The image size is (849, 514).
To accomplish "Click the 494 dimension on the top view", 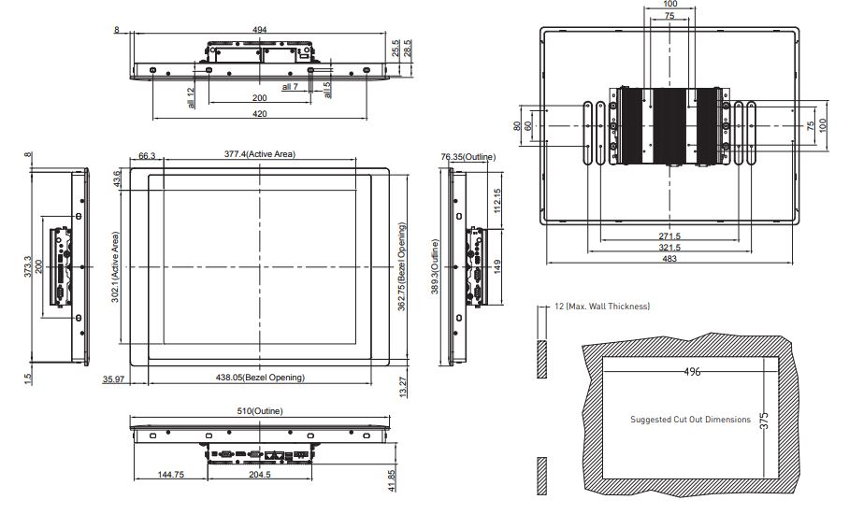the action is point(260,30).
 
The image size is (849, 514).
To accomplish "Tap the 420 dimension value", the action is point(260,114).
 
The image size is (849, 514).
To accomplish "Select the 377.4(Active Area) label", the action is point(260,154).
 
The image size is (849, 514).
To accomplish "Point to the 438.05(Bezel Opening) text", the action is point(260,378).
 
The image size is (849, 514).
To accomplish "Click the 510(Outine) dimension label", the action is point(260,411).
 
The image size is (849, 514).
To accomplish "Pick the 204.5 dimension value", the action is point(260,475).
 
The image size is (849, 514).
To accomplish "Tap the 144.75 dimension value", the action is point(171,475).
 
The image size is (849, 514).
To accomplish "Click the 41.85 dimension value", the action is point(393,480).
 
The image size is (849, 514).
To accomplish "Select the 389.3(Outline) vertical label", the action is point(435,266).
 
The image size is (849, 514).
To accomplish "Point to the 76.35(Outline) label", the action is point(468,157).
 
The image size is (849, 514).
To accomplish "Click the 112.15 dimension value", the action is point(497,201).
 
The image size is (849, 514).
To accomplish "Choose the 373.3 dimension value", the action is point(28,266).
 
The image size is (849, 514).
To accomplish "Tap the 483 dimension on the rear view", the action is point(669,259).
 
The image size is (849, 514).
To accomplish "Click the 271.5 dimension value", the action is point(669,236).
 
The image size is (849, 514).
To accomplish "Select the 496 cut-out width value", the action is point(692,372).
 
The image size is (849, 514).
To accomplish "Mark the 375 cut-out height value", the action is point(764,421).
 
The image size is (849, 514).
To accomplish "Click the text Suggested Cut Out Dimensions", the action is point(690,420).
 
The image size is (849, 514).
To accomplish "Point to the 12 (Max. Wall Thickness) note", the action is point(601,307).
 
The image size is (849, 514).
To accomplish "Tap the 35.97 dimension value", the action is point(113,379).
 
